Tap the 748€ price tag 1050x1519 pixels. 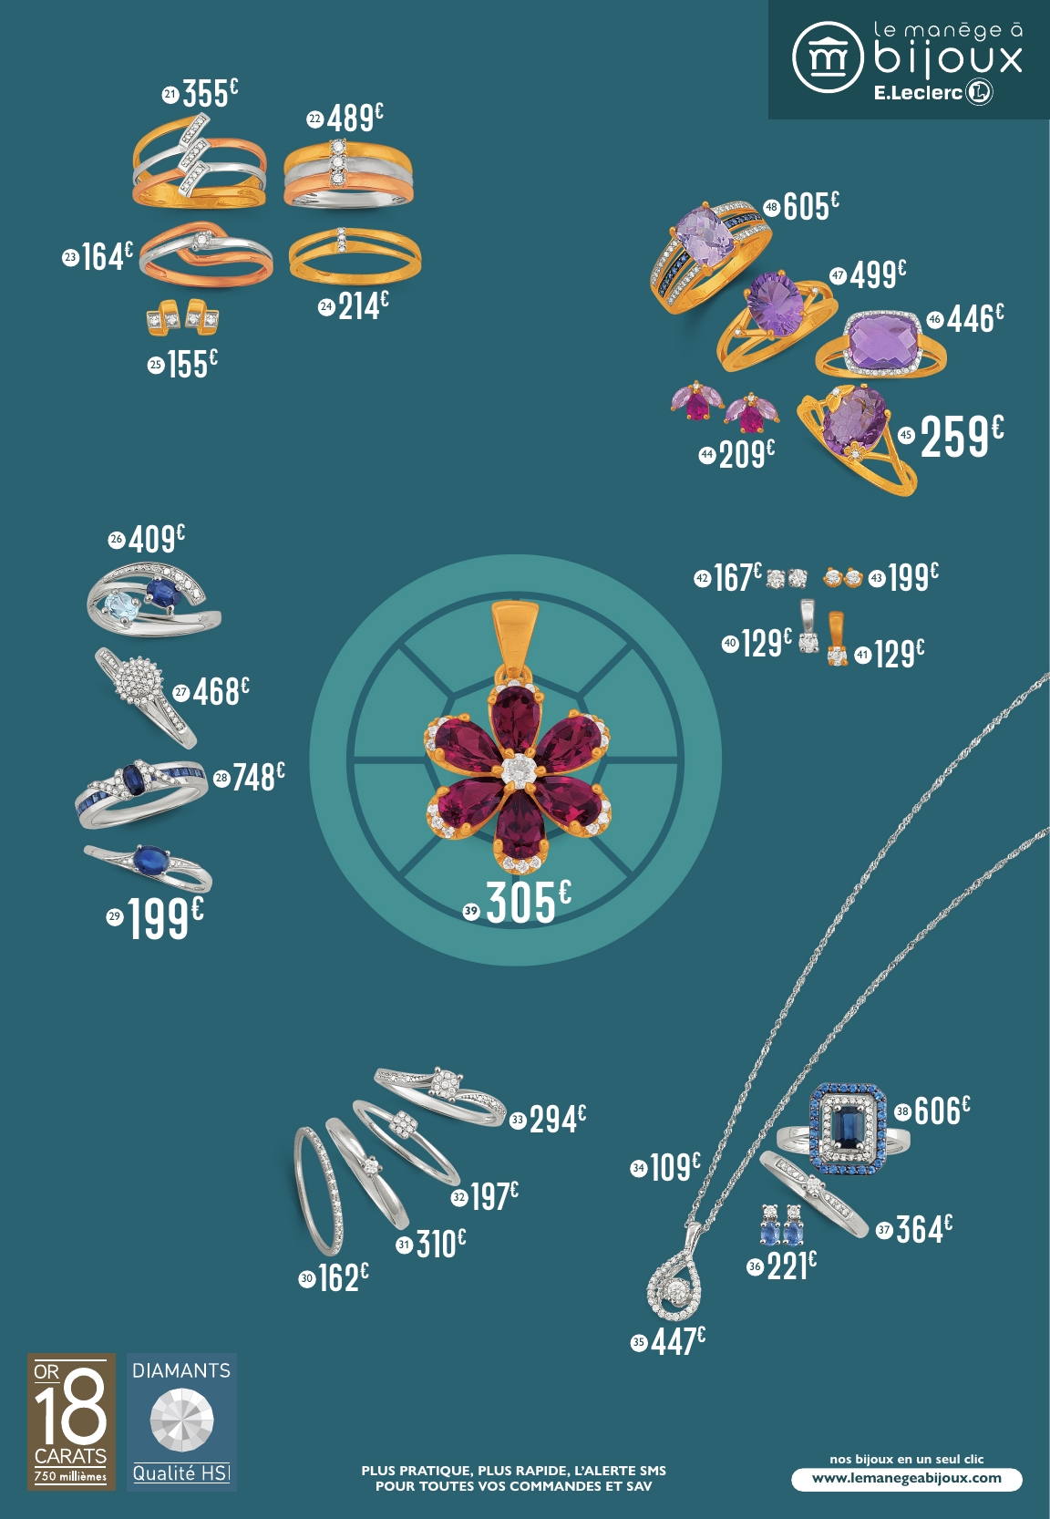[258, 777]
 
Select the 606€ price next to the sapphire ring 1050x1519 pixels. [941, 1111]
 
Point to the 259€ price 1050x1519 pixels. [961, 436]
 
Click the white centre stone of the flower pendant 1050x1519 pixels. [518, 770]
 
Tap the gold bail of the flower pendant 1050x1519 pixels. [515, 633]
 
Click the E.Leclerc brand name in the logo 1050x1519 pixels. [918, 92]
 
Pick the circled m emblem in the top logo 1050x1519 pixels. [827, 57]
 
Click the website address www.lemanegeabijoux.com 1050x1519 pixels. [906, 1478]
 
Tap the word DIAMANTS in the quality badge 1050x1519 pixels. [181, 1370]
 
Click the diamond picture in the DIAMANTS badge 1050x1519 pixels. [181, 1420]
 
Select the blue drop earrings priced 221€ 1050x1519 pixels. [781, 1226]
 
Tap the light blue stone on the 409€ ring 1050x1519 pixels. [119, 604]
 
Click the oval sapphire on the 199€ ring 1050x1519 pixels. [150, 859]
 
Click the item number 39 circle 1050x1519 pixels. [471, 910]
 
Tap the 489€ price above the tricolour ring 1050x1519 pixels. [355, 118]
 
